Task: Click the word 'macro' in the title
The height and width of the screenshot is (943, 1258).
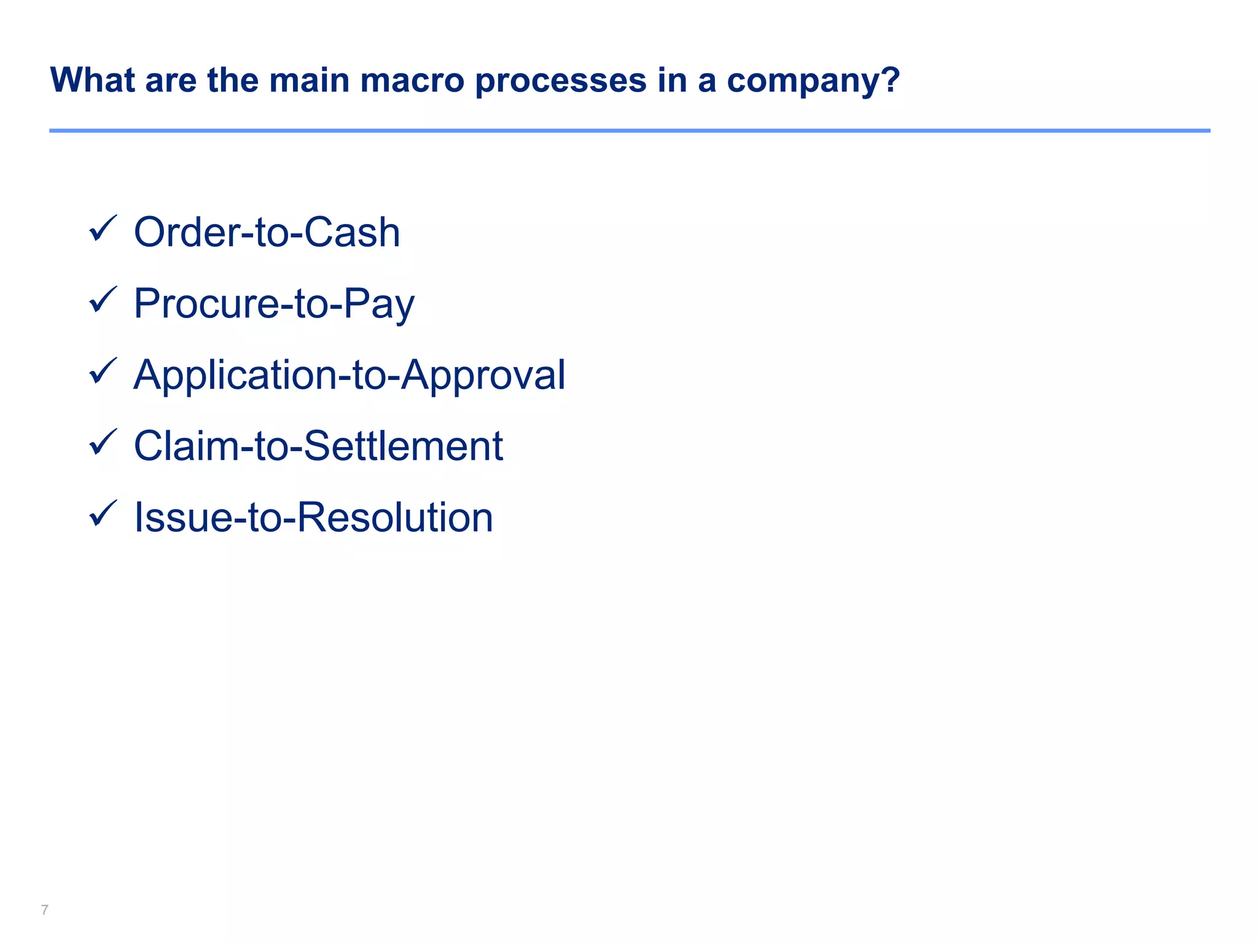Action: (412, 80)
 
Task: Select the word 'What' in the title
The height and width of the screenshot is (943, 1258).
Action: (92, 80)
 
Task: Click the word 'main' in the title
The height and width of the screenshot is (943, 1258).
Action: (309, 80)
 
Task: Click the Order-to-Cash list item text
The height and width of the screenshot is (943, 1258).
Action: (267, 233)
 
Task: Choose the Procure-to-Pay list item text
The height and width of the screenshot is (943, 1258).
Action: (274, 304)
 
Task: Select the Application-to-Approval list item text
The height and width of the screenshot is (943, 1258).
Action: (349, 375)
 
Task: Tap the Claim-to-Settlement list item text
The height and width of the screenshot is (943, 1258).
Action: (318, 446)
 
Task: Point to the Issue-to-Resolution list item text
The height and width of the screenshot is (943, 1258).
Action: (313, 518)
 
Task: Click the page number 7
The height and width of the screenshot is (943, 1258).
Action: (44, 910)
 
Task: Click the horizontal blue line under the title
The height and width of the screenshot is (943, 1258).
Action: (629, 131)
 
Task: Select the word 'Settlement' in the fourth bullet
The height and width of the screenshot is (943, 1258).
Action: (404, 446)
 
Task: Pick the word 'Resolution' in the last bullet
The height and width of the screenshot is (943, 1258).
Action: (395, 518)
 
